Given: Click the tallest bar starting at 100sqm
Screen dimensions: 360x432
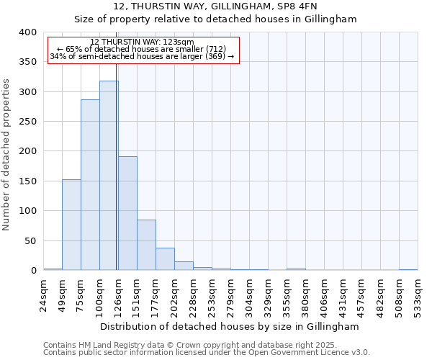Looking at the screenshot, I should [x=109, y=176].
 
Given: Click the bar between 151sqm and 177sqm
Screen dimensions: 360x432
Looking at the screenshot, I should [x=146, y=245].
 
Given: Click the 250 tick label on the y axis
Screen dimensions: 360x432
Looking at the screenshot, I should [x=27, y=122].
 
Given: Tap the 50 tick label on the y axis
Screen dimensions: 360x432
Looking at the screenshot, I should [x=30, y=240].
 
